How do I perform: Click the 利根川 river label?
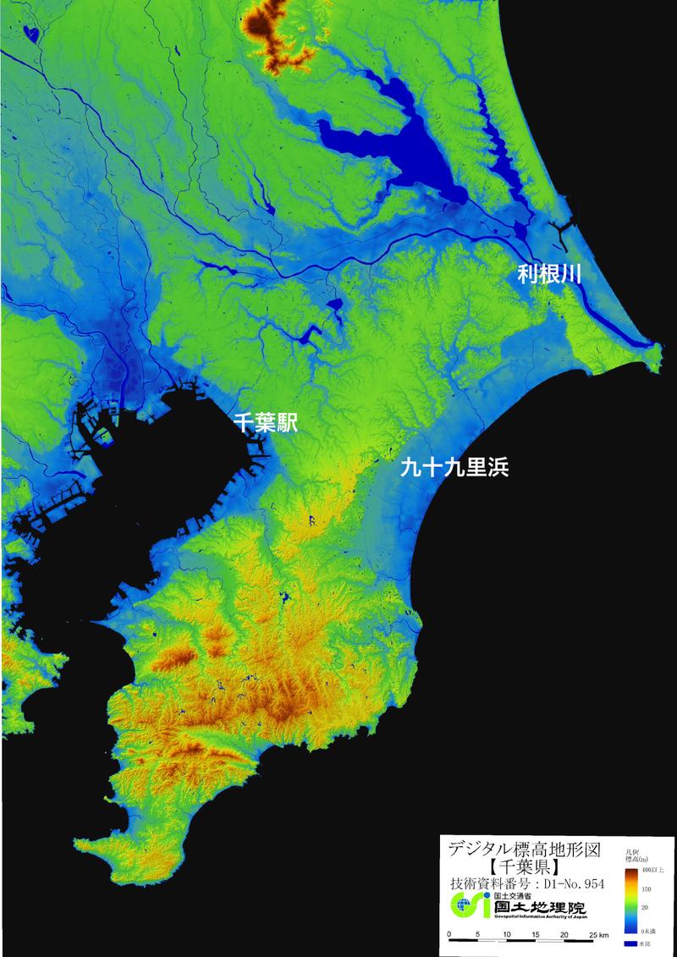pyautogui.click(x=548, y=275)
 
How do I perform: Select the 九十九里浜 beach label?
pyautogui.click(x=454, y=468)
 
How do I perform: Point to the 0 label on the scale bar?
pyautogui.click(x=450, y=934)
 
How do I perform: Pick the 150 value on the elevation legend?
pyautogui.click(x=647, y=888)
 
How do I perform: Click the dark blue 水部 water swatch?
pyautogui.click(x=630, y=943)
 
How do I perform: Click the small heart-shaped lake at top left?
pyautogui.click(x=32, y=34)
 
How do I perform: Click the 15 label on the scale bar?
pyautogui.click(x=536, y=934)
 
